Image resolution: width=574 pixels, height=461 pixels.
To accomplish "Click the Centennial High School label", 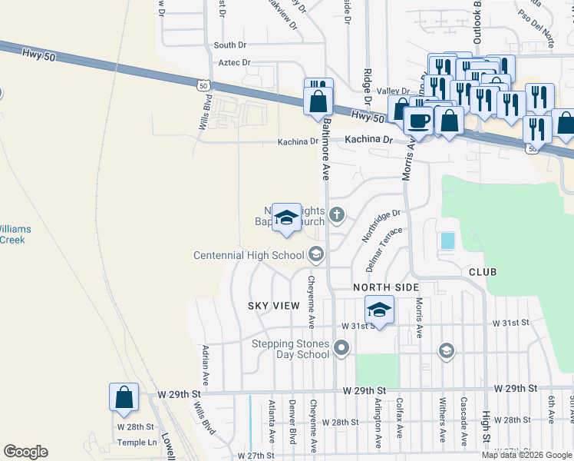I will coord(249,255).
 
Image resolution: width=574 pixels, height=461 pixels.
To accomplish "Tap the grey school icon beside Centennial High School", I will coord(316,254).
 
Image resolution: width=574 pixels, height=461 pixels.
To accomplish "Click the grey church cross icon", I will coord(337,214).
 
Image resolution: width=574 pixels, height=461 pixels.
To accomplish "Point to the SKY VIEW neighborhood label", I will coord(273,306).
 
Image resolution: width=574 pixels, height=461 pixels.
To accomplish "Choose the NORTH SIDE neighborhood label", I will coord(386,287).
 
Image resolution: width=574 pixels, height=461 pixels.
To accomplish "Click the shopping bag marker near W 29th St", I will coord(124,398).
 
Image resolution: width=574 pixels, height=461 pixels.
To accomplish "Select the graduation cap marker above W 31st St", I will coord(378,310).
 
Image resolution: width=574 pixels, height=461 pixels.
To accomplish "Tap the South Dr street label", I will coord(229,45).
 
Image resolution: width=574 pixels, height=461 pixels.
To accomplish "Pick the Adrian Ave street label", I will coord(205,365).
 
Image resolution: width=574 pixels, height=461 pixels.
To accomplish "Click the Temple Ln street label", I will coord(137,443).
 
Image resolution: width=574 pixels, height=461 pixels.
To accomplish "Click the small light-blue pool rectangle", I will coord(447,240).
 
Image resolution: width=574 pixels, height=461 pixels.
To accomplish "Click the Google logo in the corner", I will coord(25,452).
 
